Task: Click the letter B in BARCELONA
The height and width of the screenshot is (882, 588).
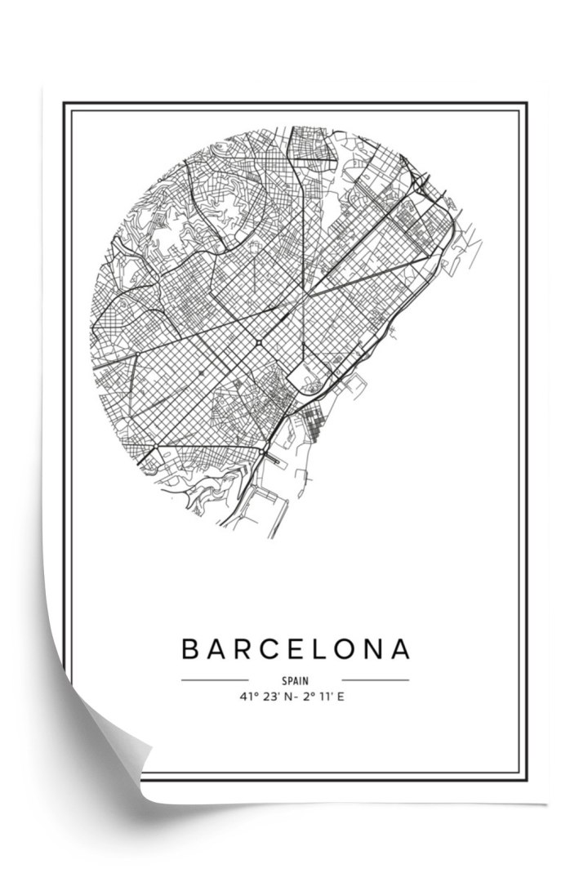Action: pos(189,649)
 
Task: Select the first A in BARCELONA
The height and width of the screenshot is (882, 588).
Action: pos(216,649)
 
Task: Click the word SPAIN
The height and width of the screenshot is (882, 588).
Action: pos(295,679)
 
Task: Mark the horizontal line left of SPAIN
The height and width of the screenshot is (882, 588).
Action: pos(214,679)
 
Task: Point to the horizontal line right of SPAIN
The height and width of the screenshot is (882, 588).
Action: pos(375,679)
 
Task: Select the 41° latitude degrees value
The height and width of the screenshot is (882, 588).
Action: pos(247,697)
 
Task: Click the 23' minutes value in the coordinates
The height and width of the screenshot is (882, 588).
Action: pos(271,697)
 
